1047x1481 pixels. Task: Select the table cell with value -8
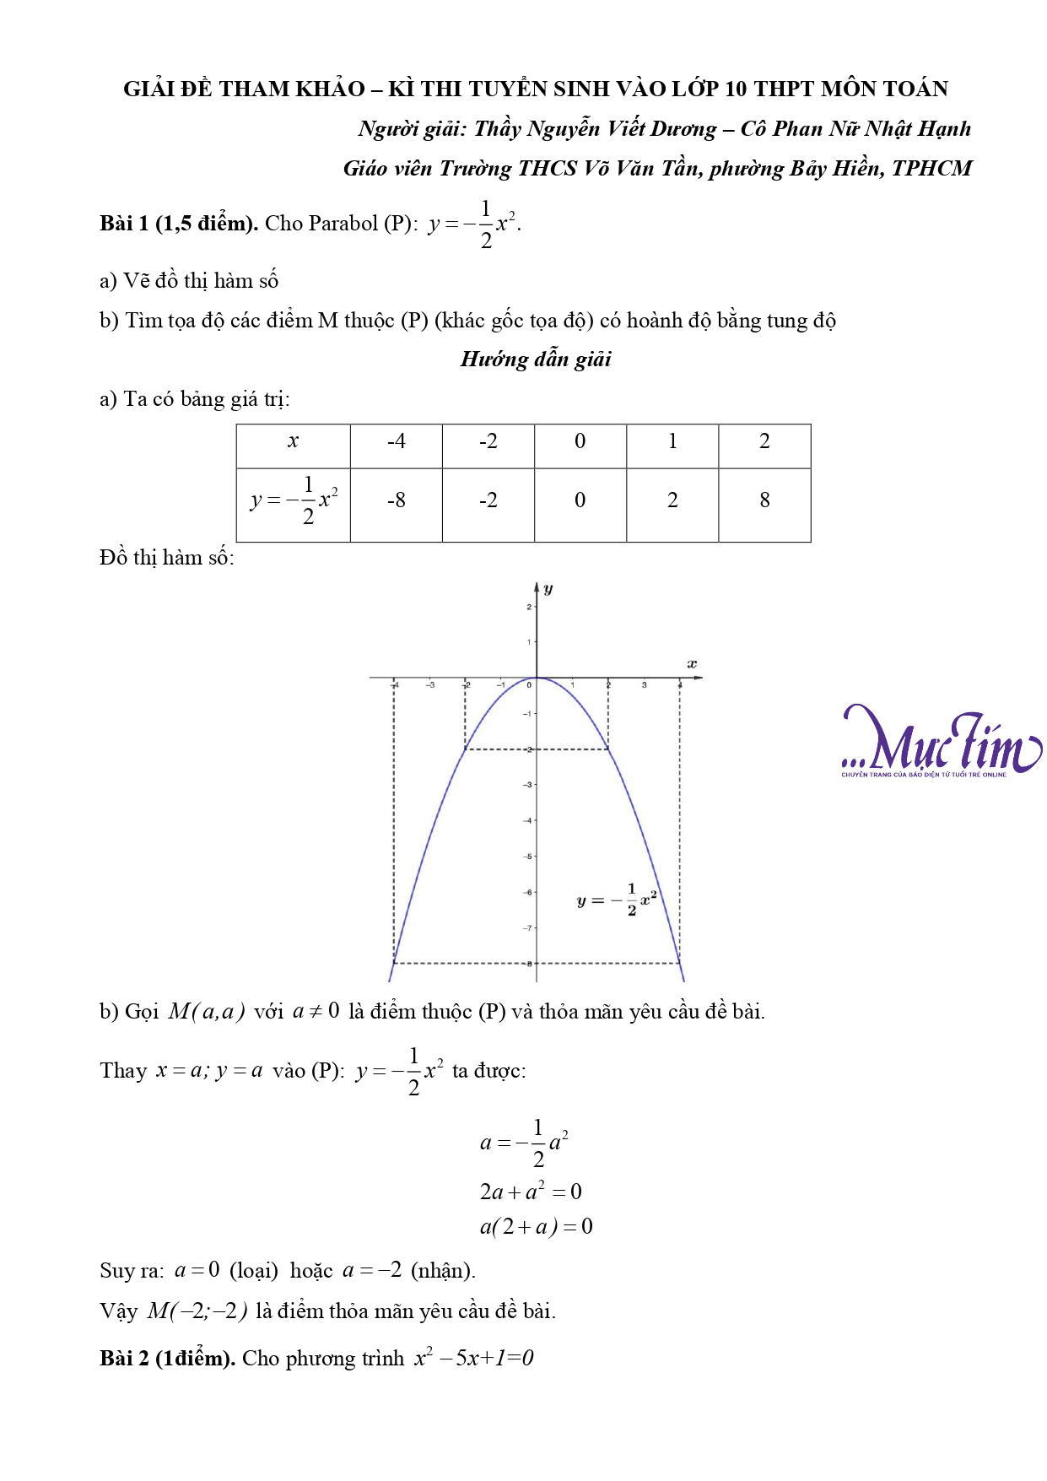click(396, 500)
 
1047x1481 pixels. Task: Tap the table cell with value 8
click(764, 500)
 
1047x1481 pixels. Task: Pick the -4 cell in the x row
click(396, 441)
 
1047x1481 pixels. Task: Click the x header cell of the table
click(293, 441)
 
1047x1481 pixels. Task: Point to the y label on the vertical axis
click(548, 588)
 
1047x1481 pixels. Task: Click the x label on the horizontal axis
click(692, 664)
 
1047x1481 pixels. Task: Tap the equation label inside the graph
click(616, 900)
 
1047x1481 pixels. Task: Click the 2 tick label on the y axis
click(529, 607)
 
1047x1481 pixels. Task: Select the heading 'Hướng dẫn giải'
click(536, 359)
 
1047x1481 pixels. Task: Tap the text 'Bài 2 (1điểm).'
click(167, 1359)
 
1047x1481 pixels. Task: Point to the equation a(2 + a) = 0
click(536, 1226)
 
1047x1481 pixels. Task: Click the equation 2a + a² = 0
click(531, 1192)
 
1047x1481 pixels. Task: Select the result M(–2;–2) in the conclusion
click(197, 1311)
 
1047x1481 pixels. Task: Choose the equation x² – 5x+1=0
click(473, 1359)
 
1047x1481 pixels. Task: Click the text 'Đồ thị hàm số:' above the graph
click(167, 558)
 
